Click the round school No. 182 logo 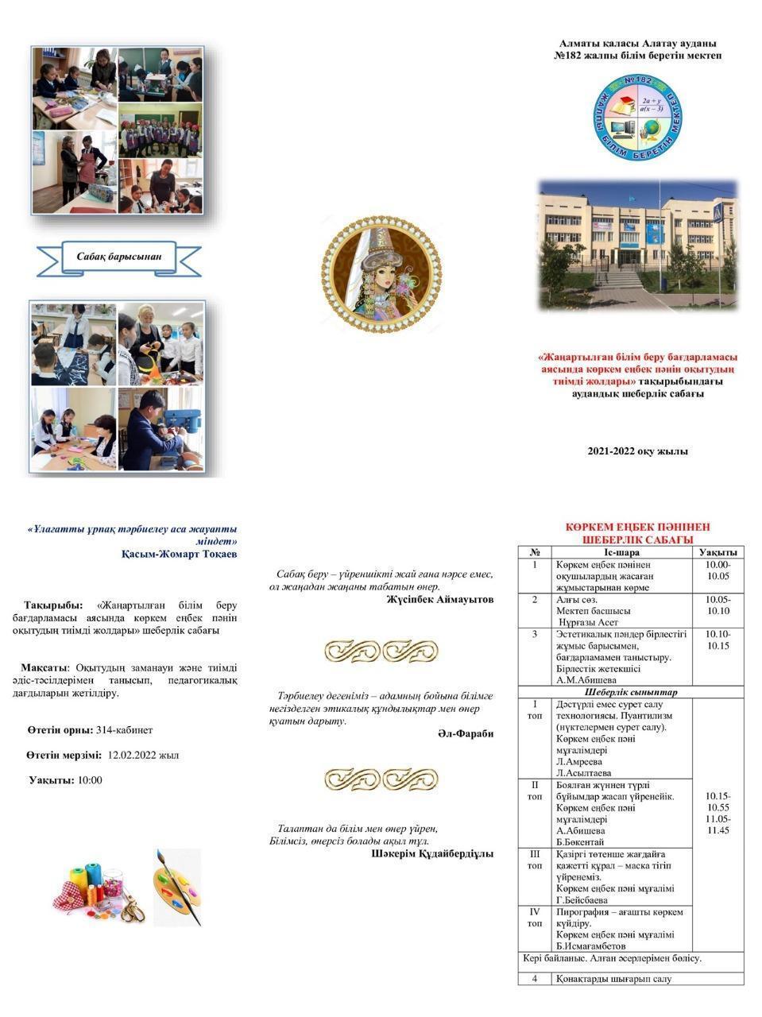(x=638, y=118)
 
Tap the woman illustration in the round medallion (x=381, y=272)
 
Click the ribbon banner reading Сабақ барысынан (x=119, y=257)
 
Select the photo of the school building (x=637, y=245)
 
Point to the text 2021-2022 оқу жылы (x=637, y=451)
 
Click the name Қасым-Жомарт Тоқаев (x=179, y=554)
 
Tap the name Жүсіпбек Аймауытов (x=440, y=600)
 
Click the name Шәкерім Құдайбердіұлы (x=432, y=853)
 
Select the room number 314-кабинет (x=124, y=730)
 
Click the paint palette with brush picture (x=177, y=887)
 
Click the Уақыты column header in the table (x=718, y=552)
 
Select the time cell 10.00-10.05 (x=718, y=570)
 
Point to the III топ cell (x=535, y=860)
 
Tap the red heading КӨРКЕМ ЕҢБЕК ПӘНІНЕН (x=637, y=527)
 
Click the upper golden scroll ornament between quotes (x=381, y=651)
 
